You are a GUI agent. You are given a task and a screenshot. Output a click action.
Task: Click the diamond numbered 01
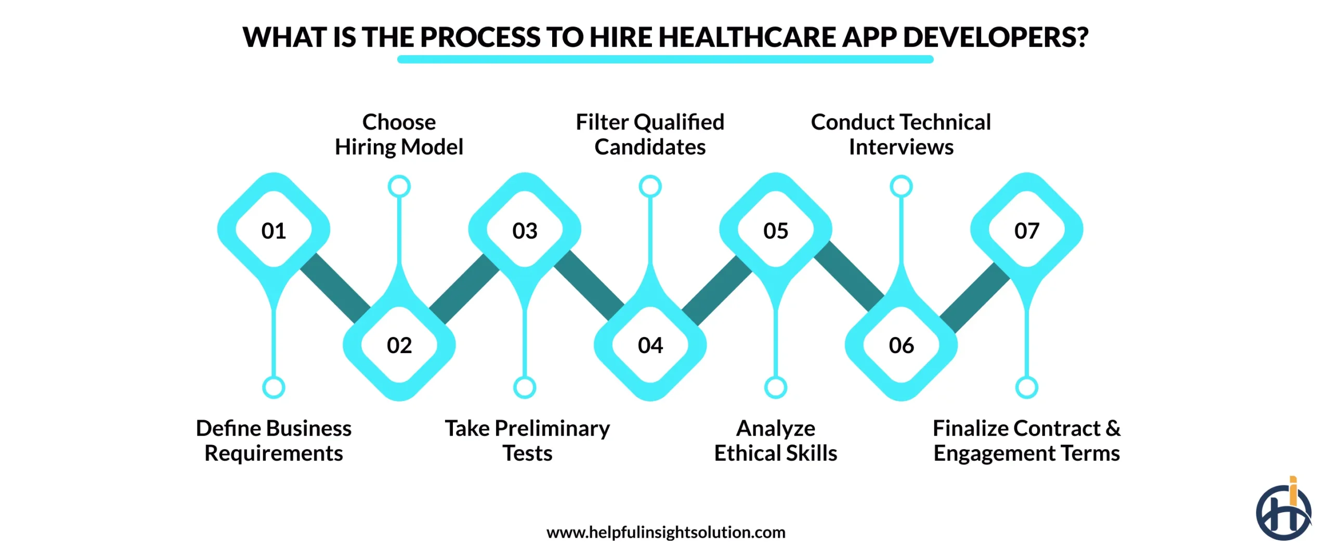tap(273, 230)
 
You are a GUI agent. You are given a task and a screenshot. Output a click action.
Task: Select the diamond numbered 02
tap(399, 345)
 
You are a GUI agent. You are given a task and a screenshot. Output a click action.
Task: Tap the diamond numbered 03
tap(525, 230)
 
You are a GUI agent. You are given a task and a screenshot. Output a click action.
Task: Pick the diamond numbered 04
tap(650, 345)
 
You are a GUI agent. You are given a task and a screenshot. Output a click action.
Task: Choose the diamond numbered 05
tap(776, 230)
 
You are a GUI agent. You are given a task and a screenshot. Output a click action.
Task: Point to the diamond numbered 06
tap(901, 345)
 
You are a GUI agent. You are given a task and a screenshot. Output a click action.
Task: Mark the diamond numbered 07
tap(1027, 230)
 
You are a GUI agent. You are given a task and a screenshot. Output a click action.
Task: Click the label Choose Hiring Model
tap(399, 135)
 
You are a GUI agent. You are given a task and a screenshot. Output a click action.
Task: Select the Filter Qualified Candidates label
tap(650, 135)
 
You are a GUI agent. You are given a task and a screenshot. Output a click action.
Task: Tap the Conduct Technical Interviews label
tap(901, 135)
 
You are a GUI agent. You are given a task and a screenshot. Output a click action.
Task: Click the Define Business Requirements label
tap(273, 440)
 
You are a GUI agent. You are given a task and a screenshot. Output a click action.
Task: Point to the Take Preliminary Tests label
tap(527, 440)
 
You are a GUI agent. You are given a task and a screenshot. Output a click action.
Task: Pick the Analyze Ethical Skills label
tap(776, 440)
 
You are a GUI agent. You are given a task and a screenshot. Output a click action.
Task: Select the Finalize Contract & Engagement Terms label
tap(1027, 440)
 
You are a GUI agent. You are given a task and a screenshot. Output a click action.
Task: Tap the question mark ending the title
tap(1081, 37)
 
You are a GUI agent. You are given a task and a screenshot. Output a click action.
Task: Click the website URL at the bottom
tap(665, 532)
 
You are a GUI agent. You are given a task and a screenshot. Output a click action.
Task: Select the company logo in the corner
tap(1283, 511)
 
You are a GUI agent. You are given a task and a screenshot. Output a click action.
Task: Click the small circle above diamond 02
tap(399, 186)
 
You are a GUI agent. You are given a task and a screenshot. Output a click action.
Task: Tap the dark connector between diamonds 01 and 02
tap(335, 287)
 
